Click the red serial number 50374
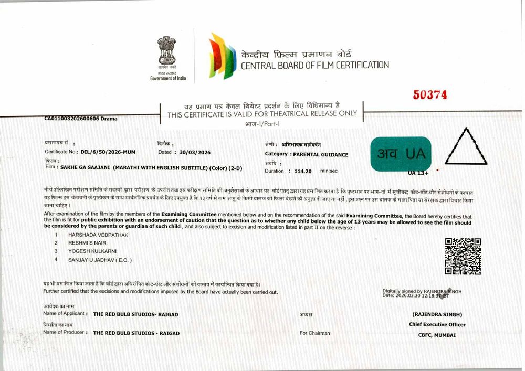point(429,94)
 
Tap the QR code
point(463,256)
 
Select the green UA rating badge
point(401,153)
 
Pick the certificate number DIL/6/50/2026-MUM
point(108,152)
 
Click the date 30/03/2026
point(195,152)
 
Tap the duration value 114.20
point(303,171)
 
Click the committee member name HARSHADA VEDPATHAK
point(98,235)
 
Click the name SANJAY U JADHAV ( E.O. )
point(100,260)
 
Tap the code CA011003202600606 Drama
point(81,119)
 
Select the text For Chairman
point(315,333)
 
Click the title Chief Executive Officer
point(437,324)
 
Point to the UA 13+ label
point(418,172)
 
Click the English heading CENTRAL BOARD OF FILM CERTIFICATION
point(315,66)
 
